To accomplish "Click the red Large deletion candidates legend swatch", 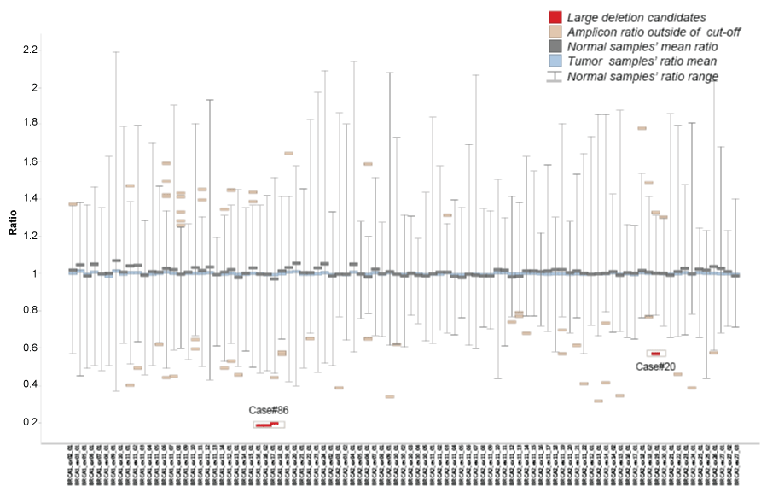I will coord(555,16).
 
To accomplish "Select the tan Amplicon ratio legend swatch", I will coord(555,32).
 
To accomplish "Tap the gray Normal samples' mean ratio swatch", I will coord(555,46).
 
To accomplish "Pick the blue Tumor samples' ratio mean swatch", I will coord(555,61).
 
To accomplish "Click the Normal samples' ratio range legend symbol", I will coord(555,77).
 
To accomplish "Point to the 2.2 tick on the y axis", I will coord(31,50).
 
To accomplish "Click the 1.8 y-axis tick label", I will coord(31,123).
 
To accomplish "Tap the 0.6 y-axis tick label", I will coord(31,348).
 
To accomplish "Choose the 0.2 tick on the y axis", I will coord(31,422).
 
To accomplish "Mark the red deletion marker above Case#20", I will coord(655,354).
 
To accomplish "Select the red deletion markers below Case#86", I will coord(268,424).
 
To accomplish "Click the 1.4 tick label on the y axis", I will coord(31,198).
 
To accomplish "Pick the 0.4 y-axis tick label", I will coord(31,384).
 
